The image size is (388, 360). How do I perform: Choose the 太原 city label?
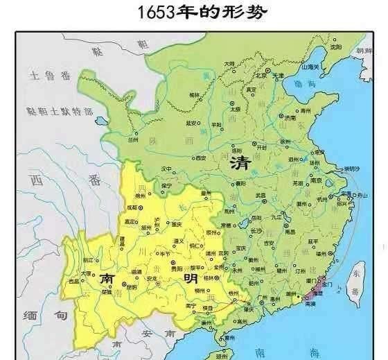point(236,110)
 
